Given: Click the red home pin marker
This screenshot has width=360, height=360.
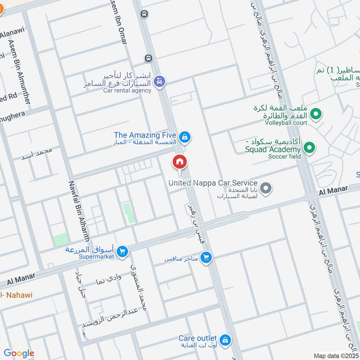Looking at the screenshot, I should click(180, 162).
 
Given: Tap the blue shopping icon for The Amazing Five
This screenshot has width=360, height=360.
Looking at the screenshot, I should click(184, 137).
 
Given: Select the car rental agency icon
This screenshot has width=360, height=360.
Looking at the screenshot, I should click(159, 82).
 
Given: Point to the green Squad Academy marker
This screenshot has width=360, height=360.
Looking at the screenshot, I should click(309, 147).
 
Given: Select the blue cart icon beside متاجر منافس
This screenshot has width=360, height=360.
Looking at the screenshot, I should click(206, 258).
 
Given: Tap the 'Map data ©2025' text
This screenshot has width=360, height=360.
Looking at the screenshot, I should click(337, 355).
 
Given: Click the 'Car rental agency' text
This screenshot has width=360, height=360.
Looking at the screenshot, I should click(127, 90).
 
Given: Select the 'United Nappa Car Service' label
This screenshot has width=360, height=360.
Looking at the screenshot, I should click(212, 183).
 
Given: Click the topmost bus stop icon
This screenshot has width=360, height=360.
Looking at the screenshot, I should click(144, 14).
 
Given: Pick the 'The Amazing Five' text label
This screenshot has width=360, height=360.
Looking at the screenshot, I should click(144, 135).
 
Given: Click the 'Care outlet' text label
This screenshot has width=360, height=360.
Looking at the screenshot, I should click(198, 338).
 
